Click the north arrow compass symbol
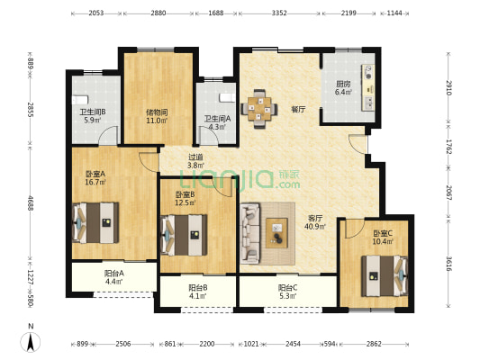[x=31, y=342]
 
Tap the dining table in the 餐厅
[x=259, y=109]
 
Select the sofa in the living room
[x=250, y=233]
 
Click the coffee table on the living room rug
[x=276, y=233]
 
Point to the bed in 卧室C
[x=385, y=276]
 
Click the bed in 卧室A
[x=95, y=222]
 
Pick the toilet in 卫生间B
[x=80, y=100]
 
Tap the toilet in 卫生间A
[x=228, y=97]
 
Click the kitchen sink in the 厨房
[x=368, y=103]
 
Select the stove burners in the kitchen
[x=369, y=72]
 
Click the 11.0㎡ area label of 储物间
[x=157, y=121]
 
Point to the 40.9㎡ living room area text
[x=315, y=227]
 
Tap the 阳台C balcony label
[x=287, y=288]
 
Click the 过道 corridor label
[x=195, y=157]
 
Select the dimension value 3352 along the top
[x=279, y=13]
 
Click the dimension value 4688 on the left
[x=31, y=203]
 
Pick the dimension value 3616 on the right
[x=448, y=264]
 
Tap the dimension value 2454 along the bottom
[x=294, y=344]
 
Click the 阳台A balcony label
[x=113, y=273]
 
